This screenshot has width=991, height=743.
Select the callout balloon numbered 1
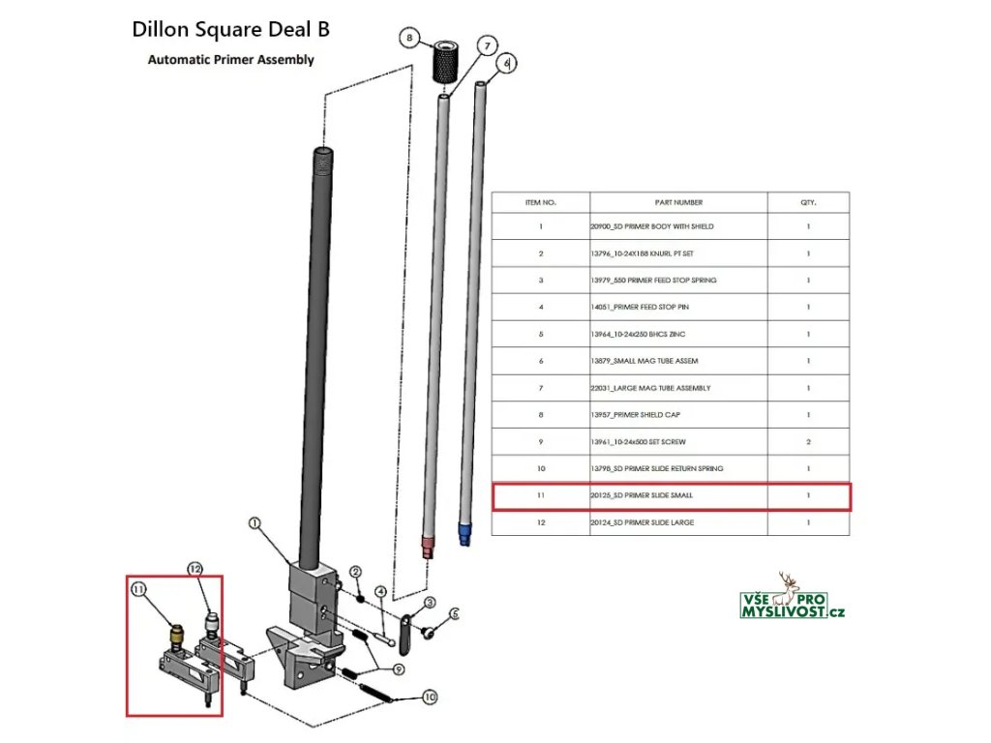255,524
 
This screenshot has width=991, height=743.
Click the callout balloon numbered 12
195,570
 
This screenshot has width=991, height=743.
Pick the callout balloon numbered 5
455,613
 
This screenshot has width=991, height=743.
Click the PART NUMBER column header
678,202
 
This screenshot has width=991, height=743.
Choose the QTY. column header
808,202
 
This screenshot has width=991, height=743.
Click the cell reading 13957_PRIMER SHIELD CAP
678,414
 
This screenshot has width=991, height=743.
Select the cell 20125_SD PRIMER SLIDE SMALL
678,495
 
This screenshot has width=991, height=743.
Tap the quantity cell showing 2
808,441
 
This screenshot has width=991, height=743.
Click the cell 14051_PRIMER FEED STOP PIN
678,307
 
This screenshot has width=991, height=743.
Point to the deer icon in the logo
791,584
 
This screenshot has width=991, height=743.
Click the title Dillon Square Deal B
230,29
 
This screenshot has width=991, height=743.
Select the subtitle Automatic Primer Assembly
230,59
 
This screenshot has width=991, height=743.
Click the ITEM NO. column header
541,202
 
